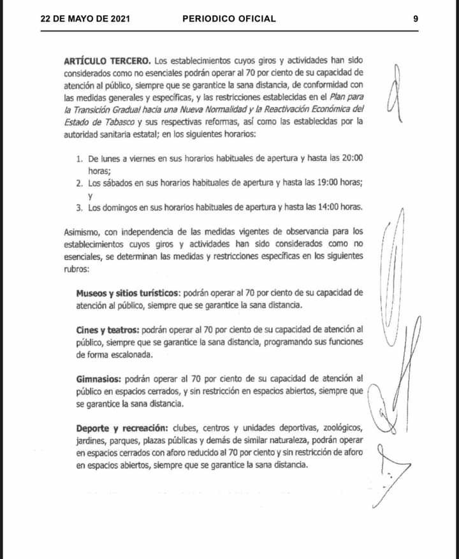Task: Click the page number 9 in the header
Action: pos(416,18)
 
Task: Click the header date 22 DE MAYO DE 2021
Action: pos(85,18)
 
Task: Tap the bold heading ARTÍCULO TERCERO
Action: pos(107,61)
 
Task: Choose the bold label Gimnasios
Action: pos(99,378)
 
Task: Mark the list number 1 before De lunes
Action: pos(79,157)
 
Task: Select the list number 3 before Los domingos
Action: pos(79,207)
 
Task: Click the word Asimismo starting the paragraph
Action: pos(82,231)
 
